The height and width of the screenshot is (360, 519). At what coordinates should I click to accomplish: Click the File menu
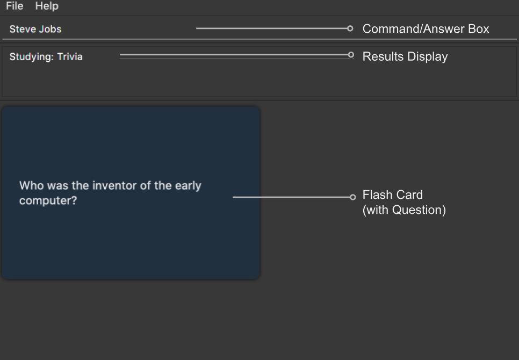[15, 6]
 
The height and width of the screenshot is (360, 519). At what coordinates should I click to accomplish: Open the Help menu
[47, 6]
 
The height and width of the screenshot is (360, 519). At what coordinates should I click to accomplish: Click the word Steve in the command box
[21, 29]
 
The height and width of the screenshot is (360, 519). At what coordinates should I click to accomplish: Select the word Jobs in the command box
[48, 29]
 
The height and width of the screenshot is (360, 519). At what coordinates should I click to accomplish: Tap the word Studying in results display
[32, 57]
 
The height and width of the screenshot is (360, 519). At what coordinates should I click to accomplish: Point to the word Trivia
[70, 56]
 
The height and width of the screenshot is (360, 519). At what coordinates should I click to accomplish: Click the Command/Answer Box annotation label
[426, 29]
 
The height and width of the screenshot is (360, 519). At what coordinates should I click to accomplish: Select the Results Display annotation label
[405, 56]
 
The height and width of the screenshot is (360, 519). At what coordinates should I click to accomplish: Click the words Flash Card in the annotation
[393, 195]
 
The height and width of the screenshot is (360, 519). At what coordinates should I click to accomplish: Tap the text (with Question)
[404, 210]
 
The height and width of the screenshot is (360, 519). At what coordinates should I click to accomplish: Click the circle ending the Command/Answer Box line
[350, 28]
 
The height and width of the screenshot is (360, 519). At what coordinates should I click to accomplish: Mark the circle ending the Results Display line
[351, 55]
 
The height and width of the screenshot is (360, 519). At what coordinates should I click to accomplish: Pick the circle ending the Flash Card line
[352, 197]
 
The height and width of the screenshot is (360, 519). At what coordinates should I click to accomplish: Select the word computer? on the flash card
[48, 200]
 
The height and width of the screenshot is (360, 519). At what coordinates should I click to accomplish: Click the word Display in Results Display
[428, 56]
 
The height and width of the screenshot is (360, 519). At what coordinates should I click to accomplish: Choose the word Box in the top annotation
[479, 29]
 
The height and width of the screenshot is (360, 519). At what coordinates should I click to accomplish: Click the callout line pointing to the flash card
[291, 197]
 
